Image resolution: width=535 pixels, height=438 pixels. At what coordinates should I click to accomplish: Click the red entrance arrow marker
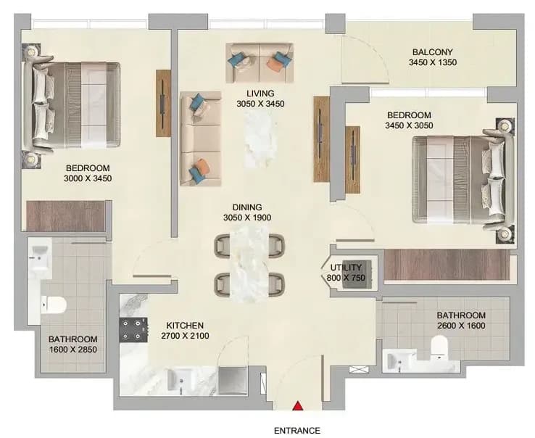pos(298,405)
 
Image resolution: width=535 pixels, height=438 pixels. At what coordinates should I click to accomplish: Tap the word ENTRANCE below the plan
pos(297,431)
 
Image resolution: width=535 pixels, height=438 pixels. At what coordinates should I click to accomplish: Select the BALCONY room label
pos(432,52)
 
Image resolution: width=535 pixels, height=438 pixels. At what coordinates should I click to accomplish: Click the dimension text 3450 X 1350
pos(432,62)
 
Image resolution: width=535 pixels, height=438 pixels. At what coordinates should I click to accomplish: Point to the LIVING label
pos(260,94)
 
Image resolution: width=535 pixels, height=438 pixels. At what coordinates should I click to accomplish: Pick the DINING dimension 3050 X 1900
pos(247,218)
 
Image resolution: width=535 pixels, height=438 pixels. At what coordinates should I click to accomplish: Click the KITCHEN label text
pos(185,326)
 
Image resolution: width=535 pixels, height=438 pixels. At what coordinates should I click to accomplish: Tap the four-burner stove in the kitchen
pos(133,330)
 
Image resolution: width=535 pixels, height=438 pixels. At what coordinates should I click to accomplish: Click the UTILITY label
pos(346,268)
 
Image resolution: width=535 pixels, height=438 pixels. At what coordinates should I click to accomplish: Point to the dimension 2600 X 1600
pos(461,326)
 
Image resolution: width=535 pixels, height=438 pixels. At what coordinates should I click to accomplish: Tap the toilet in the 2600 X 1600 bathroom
pos(439,347)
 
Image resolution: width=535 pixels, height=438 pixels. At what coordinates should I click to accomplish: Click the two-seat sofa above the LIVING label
pos(260,63)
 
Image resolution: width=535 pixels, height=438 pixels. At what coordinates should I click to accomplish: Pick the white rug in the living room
pos(261,140)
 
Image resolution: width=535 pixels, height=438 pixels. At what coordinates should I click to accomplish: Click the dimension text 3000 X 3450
pos(88,178)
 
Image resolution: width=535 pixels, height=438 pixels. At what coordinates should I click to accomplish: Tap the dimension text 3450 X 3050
pos(409,125)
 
